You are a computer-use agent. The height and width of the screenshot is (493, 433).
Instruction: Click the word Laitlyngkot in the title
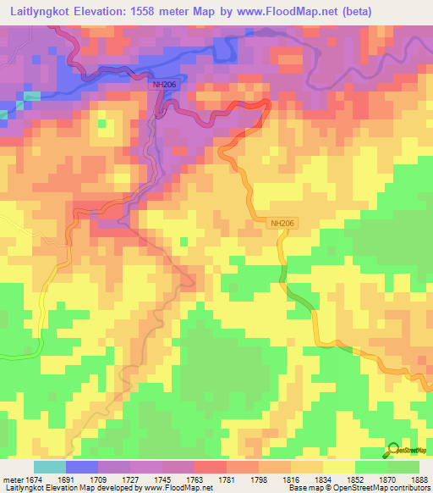click(47, 12)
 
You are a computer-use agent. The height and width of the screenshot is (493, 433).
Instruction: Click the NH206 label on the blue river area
click(164, 85)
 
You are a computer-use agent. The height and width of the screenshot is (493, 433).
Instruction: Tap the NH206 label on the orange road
click(282, 224)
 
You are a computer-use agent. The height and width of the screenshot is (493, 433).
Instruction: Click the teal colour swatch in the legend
click(50, 467)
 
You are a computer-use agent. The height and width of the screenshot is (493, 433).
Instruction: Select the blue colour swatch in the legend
click(82, 467)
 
